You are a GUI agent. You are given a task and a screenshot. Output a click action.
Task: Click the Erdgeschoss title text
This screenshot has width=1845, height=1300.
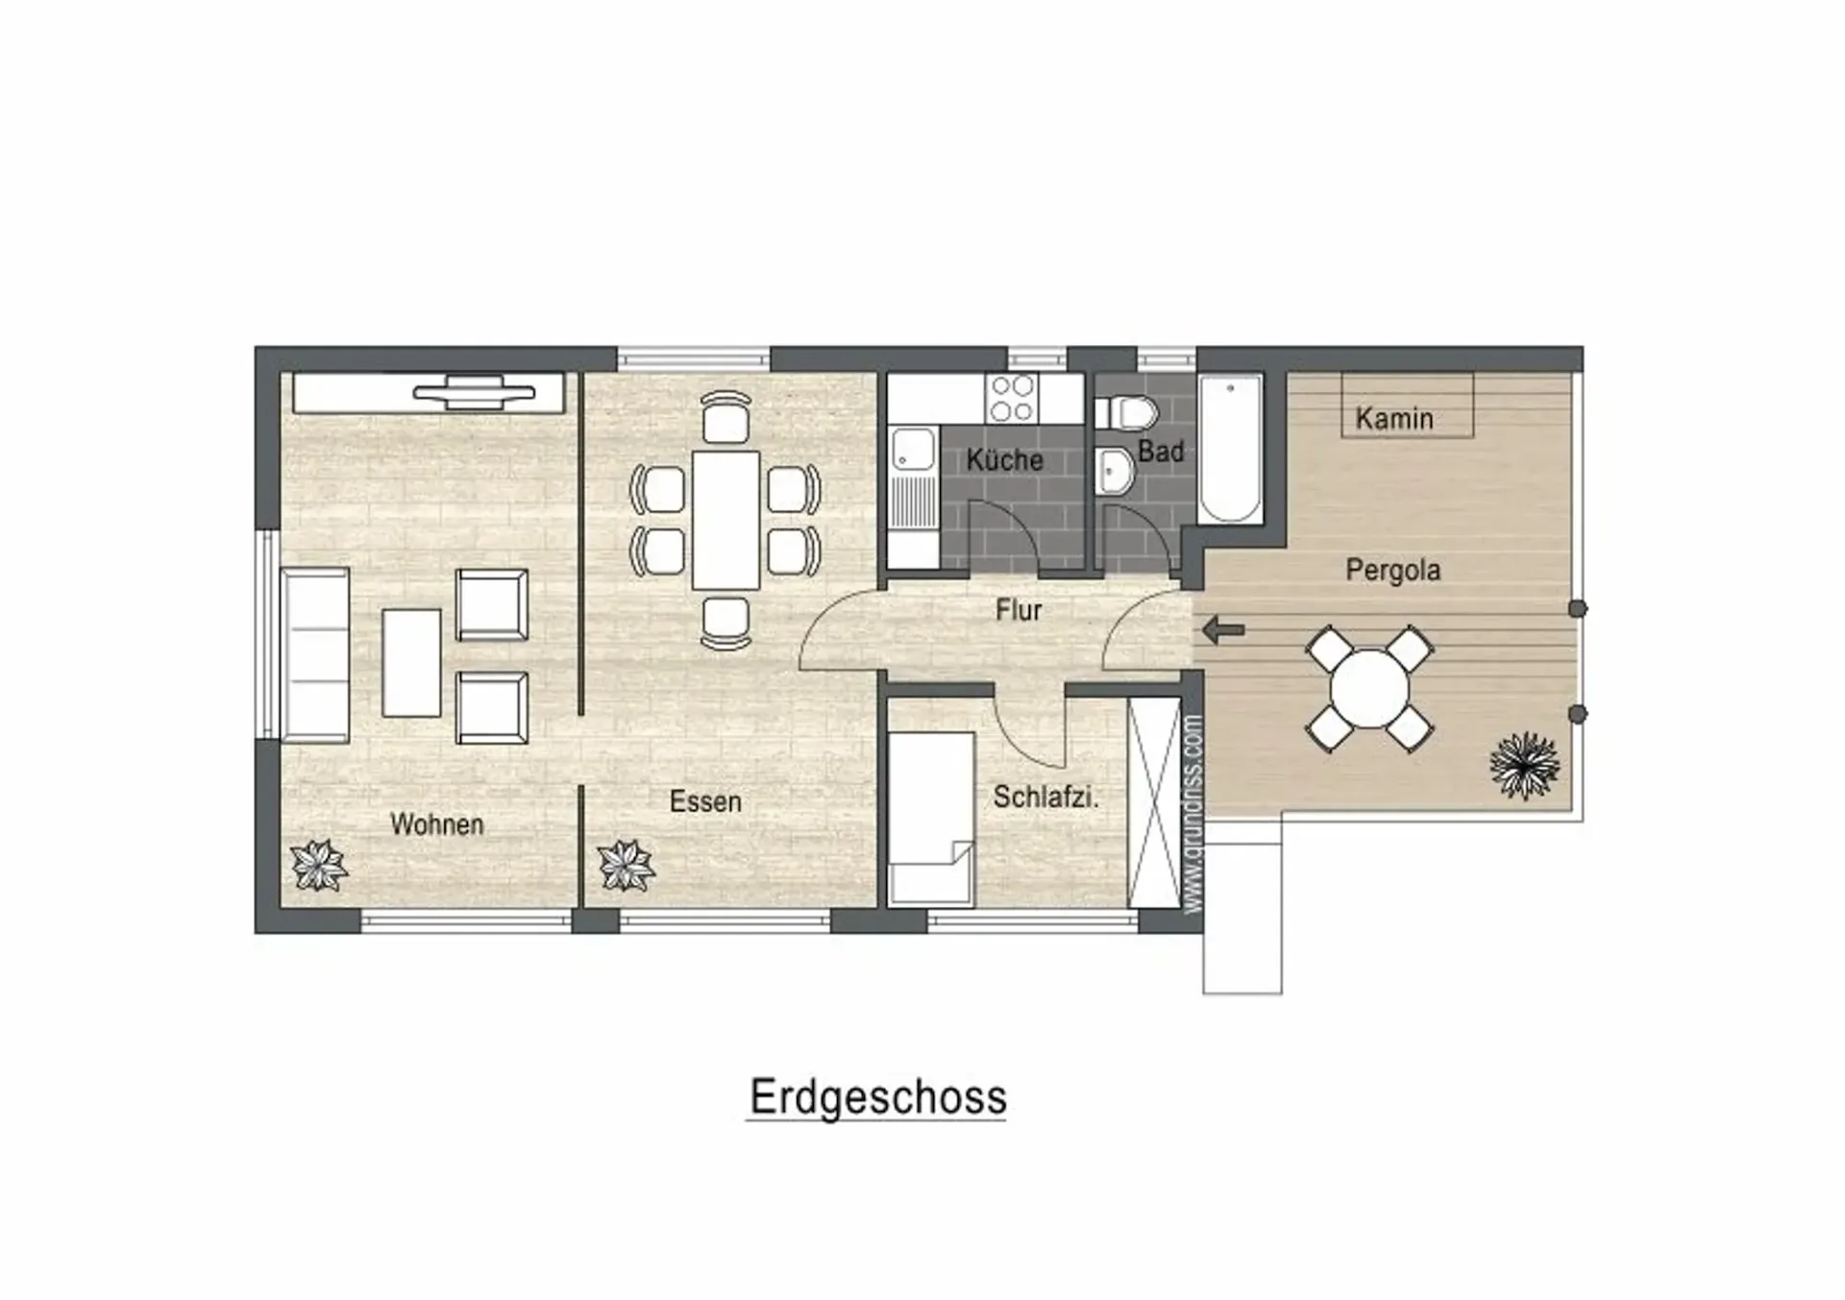click(877, 1097)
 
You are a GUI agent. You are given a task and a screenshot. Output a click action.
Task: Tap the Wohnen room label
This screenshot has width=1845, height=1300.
click(436, 823)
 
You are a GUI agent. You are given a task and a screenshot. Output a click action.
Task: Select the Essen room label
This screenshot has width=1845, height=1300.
click(705, 801)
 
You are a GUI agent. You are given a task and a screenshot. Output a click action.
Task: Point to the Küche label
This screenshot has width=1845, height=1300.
click(1004, 459)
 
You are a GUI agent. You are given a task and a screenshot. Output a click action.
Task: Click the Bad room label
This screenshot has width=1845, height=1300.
click(1161, 451)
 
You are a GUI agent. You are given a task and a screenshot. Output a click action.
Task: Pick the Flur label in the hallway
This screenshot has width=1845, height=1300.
click(1019, 609)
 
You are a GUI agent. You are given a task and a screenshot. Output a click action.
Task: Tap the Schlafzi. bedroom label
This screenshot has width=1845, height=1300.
click(1045, 797)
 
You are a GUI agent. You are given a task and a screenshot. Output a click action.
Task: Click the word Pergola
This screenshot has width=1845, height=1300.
click(1392, 570)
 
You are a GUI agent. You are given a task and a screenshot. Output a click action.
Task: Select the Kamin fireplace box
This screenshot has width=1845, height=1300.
click(1407, 405)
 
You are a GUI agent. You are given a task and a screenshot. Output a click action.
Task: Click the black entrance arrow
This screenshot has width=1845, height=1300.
click(1223, 630)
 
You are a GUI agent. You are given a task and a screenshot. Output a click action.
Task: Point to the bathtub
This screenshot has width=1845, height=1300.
click(1230, 448)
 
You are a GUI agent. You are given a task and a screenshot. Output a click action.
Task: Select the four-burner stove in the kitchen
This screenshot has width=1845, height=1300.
click(1012, 398)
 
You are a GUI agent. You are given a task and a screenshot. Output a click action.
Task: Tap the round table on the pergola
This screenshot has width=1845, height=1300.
click(1369, 688)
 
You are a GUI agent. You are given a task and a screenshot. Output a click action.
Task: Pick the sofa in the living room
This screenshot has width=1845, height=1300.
click(314, 654)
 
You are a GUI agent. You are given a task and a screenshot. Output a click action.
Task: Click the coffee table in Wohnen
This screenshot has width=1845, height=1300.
click(411, 663)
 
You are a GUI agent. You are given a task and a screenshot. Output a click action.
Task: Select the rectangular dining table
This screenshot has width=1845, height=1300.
click(726, 520)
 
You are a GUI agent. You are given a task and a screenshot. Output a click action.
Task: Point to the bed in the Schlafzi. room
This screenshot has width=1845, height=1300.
click(930, 819)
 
